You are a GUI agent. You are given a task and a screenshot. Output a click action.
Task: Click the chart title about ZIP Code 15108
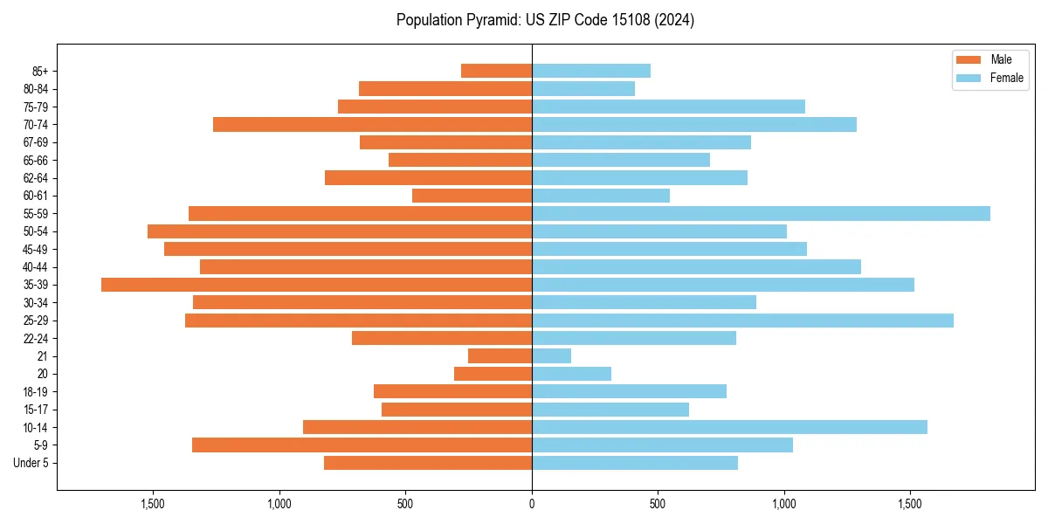coord(545,20)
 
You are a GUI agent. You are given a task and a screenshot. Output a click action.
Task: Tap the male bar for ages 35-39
coord(316,285)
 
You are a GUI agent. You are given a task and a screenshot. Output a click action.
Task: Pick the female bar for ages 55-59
coord(761,213)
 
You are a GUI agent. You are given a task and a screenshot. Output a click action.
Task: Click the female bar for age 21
coord(551,356)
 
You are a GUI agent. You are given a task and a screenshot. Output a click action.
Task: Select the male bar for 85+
coord(496,71)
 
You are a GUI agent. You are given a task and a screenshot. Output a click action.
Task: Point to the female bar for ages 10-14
coord(729,427)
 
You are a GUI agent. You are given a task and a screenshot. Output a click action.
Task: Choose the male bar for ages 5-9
coord(362,445)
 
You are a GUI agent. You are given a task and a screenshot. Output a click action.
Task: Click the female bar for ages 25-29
coord(742,321)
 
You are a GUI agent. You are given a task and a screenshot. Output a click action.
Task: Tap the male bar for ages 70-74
coord(372,124)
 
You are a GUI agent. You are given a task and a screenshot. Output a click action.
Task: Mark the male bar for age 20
coord(493,374)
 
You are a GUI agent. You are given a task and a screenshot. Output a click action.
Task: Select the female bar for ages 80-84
coord(583,88)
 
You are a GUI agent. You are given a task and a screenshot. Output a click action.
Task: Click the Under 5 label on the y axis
coord(31,463)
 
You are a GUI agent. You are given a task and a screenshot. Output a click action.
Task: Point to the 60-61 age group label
coord(36,196)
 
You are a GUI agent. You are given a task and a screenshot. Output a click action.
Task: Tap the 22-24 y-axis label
coord(36,338)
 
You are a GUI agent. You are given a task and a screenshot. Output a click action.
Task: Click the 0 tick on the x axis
coord(532,504)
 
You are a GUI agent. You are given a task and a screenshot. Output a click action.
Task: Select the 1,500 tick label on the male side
coord(153,504)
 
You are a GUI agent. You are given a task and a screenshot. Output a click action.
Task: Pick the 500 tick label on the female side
coord(658,504)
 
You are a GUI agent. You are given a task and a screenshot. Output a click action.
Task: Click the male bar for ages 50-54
coord(340,231)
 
